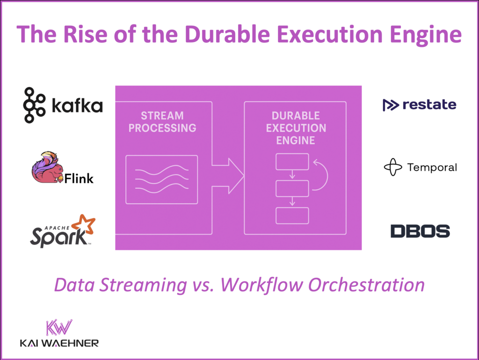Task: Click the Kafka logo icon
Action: (35, 105)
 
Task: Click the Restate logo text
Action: (429, 104)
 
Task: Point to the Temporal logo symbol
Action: (393, 167)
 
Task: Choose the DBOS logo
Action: (420, 231)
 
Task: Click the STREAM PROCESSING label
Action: (162, 122)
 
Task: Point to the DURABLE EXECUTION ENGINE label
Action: (295, 128)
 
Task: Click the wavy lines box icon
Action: (162, 179)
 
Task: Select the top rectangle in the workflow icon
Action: (292, 162)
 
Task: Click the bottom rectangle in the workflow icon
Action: (292, 215)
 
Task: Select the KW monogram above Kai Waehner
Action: (59, 328)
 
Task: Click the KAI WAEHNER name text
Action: (59, 344)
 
